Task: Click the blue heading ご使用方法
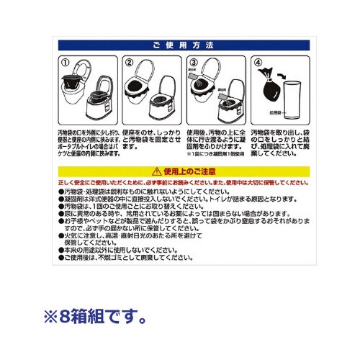[181, 45]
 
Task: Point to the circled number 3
[194, 62]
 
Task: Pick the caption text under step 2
[151, 138]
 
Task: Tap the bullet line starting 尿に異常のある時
[173, 214]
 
